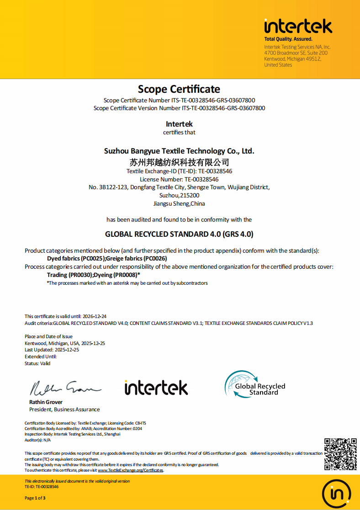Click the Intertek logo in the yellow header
tap(298, 27)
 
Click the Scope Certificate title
tap(179, 89)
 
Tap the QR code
tap(340, 454)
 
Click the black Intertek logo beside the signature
tap(156, 388)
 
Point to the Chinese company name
tap(179, 162)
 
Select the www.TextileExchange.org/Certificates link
tap(130, 470)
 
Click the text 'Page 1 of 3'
tap(35, 498)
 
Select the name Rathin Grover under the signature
tap(46, 402)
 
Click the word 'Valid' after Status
tap(45, 364)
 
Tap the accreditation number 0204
tap(137, 429)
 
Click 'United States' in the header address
tap(278, 65)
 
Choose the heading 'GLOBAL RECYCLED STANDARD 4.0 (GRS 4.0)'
tap(179, 234)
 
